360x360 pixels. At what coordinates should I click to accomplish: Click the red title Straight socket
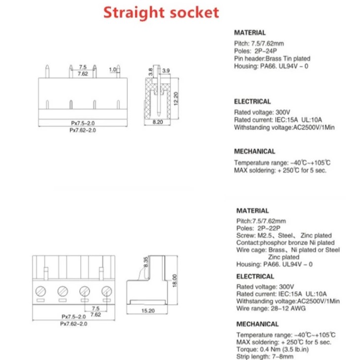(161, 12)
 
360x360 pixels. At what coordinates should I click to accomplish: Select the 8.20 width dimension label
(158, 122)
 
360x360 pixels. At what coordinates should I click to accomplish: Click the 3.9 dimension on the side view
(166, 71)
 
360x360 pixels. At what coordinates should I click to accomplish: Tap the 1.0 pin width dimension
(112, 70)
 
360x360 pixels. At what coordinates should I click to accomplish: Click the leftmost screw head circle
(41, 291)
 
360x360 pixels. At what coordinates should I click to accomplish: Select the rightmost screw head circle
(106, 291)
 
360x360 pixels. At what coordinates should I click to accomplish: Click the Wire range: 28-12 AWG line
(271, 308)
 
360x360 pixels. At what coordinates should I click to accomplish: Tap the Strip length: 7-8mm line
(265, 356)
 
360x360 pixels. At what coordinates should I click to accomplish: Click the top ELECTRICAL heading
(252, 101)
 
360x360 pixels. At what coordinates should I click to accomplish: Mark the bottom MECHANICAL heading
(257, 324)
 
